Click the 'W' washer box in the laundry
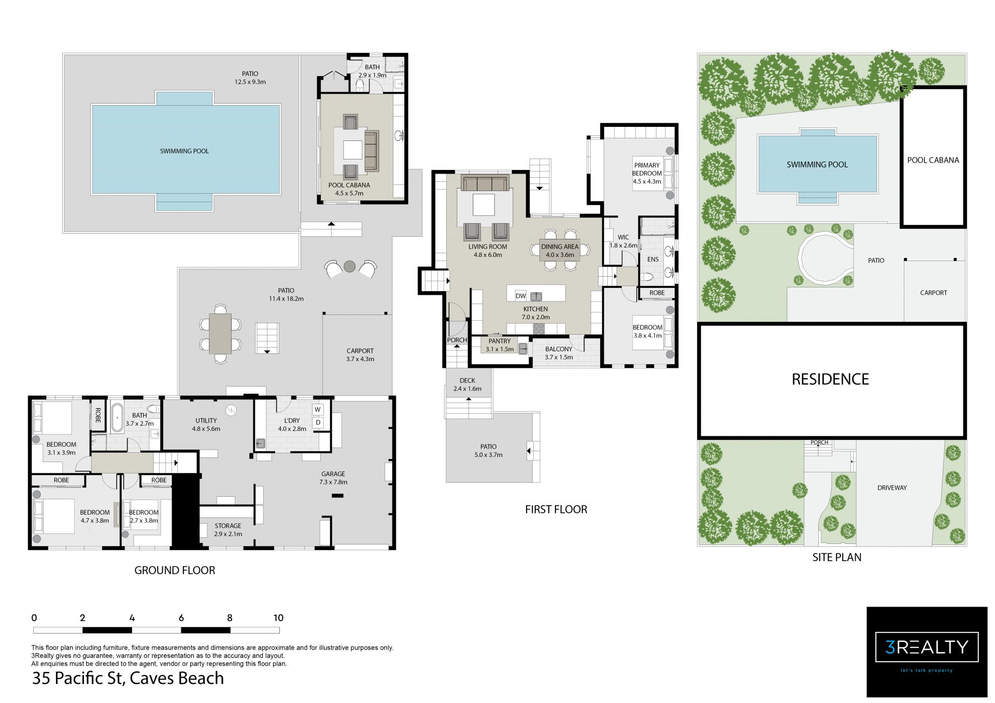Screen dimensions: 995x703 tap(318, 410)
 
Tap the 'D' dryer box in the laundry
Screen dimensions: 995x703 tap(318, 423)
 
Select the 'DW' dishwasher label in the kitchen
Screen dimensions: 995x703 tap(521, 296)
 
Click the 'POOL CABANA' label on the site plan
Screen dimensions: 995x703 tap(933, 160)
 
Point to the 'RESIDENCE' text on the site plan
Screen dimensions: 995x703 tap(830, 379)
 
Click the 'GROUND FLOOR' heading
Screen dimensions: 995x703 tap(175, 570)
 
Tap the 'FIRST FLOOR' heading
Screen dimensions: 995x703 tap(556, 509)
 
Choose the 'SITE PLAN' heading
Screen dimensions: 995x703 tap(837, 557)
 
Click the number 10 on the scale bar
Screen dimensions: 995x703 tap(278, 618)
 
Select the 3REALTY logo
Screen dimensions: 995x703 tap(927, 652)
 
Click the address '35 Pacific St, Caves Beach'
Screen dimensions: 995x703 tap(128, 678)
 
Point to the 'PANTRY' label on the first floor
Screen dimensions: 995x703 tap(500, 341)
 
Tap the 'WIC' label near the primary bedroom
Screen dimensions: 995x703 tap(623, 237)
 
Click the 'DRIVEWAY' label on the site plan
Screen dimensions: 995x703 tap(892, 487)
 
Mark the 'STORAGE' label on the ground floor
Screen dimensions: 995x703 tap(228, 526)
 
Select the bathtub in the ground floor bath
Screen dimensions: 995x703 tap(117, 417)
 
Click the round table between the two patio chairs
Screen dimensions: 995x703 tap(350, 266)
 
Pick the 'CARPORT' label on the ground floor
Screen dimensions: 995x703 tap(360, 351)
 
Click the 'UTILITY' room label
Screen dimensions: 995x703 tap(206, 421)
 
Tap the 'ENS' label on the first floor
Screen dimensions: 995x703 tap(652, 260)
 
